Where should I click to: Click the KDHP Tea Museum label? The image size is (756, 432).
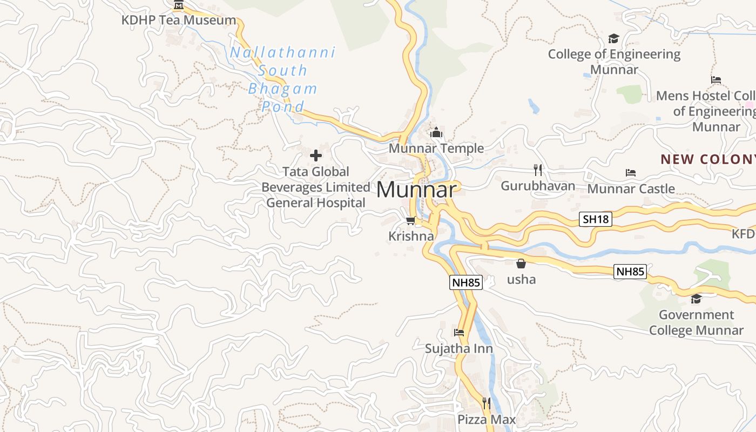tap(179, 21)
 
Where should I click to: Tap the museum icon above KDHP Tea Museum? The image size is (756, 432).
tap(179, 6)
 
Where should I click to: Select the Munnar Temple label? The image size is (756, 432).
tap(436, 148)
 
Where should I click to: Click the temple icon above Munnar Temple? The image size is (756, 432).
tap(436, 132)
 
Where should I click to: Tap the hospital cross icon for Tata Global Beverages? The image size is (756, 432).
tap(316, 156)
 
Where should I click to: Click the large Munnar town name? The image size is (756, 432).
tap(416, 190)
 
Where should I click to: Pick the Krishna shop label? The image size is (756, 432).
tap(411, 236)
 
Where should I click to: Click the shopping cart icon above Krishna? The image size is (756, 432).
tap(411, 220)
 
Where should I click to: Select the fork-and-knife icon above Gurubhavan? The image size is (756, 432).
tap(538, 170)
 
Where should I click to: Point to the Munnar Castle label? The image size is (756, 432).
tap(631, 189)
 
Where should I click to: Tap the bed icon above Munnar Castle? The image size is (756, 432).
tap(631, 173)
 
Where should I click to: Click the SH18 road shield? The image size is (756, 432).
tap(596, 219)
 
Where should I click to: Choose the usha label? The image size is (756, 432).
tap(521, 279)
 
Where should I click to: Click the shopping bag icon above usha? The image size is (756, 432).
tap(521, 264)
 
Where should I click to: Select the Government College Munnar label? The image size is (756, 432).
tap(696, 322)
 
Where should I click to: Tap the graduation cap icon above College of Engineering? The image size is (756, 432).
tap(613, 38)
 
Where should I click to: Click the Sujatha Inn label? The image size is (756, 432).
tap(459, 348)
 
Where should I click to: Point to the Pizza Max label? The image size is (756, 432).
tap(487, 420)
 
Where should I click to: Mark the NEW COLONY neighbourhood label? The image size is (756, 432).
tap(707, 159)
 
